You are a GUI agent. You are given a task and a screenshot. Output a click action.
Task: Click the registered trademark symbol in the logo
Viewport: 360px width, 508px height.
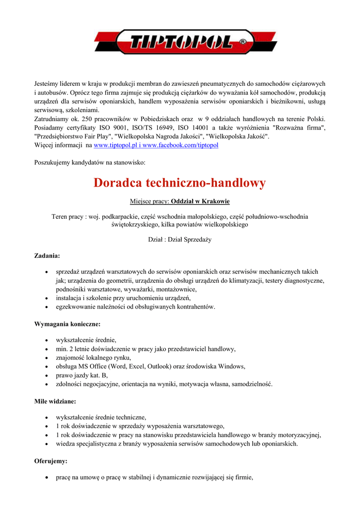pos(243,42)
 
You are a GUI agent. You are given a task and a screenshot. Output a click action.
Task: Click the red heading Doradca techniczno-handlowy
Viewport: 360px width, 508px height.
pos(180,183)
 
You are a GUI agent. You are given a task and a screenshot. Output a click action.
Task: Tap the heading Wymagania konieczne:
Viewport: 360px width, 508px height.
pos(67,324)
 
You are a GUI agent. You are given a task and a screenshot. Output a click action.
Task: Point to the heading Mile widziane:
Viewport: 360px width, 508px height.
pos(55,401)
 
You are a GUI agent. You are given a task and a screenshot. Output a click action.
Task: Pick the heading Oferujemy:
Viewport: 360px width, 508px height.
pos(51,461)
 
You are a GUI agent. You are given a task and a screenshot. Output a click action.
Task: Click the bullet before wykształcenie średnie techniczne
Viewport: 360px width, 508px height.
pos(46,418)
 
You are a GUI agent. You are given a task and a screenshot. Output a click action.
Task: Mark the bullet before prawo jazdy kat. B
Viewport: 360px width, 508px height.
pos(46,376)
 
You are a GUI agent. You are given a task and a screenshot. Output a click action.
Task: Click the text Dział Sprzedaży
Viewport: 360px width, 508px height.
pos(194,240)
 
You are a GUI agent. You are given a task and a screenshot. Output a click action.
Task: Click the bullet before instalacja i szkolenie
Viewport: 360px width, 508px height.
pos(46,298)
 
